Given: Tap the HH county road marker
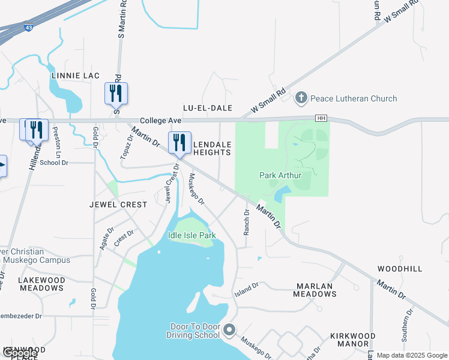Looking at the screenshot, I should pos(322,118).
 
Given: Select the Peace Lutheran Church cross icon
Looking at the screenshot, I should pos(301,98).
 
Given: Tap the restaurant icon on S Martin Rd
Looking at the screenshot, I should pos(116,94).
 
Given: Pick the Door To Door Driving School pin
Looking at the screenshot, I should pos(229,329).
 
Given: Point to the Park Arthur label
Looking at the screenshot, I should pos(279,175).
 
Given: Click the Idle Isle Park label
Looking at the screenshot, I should pos(191,235).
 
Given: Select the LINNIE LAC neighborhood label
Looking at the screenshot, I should pos(75,76).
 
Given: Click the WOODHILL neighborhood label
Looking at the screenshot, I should pos(400,269).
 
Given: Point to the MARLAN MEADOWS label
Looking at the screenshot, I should pos(315,290).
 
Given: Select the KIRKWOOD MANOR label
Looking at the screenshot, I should pos(353,340).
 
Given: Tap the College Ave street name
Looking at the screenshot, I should pos(161,121).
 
